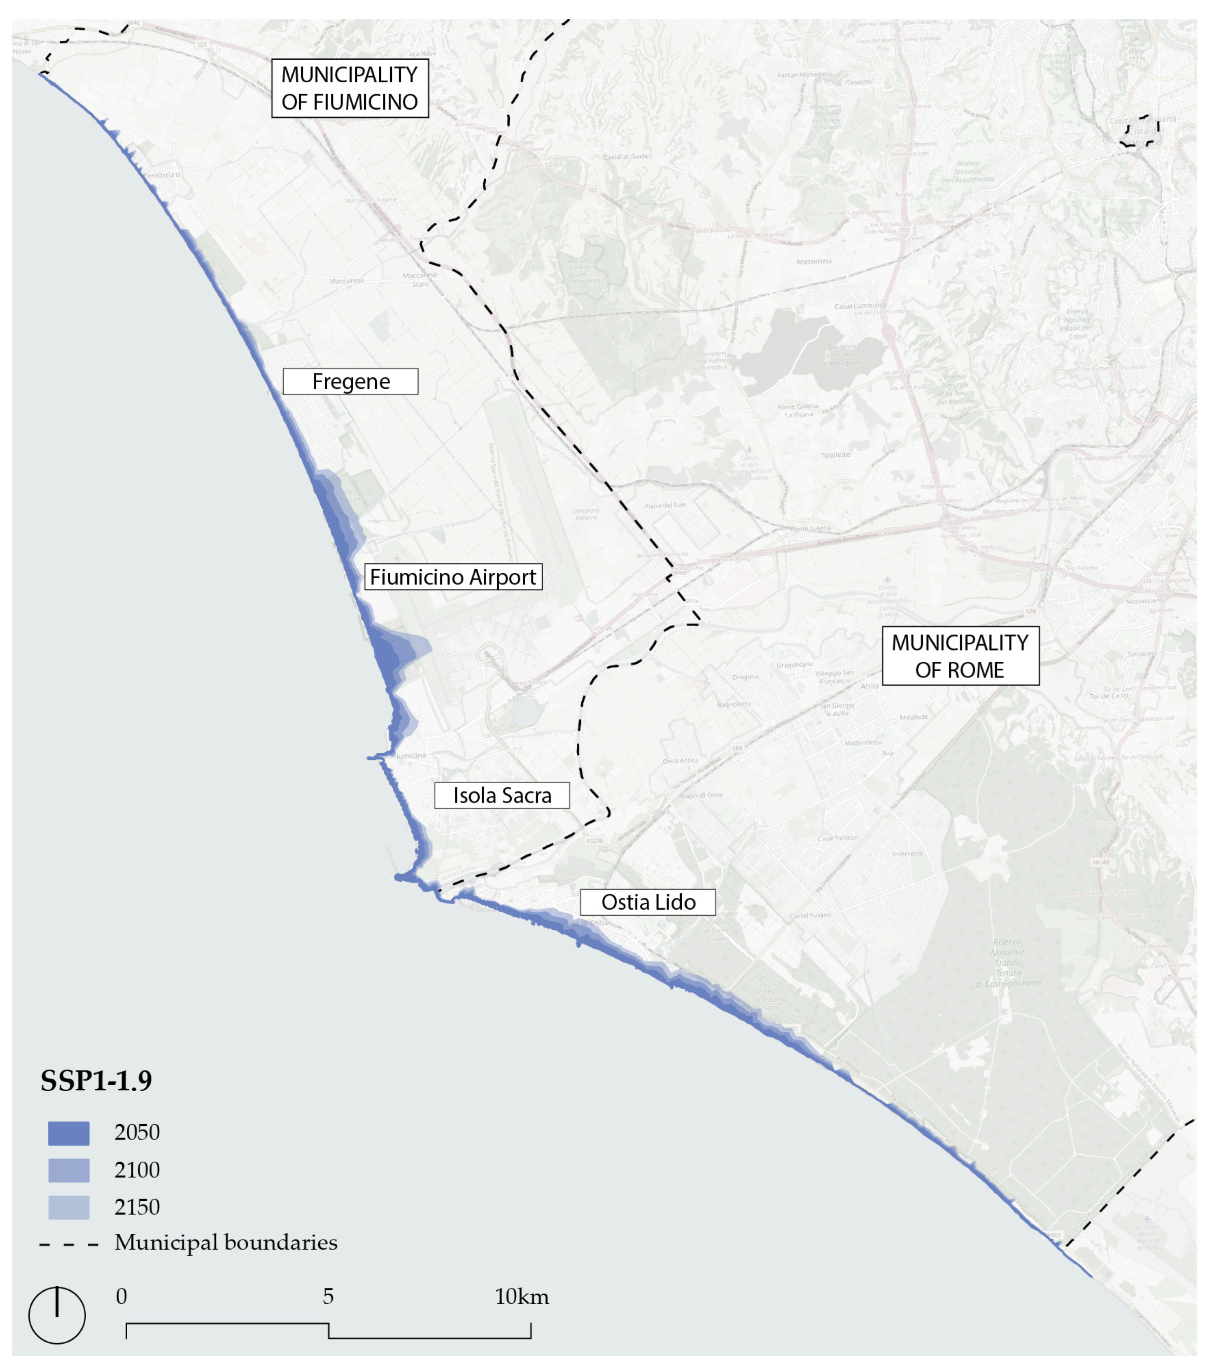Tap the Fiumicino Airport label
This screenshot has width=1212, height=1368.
point(453,577)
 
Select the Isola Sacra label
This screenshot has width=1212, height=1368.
point(502,795)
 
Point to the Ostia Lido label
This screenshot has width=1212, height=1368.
point(648,902)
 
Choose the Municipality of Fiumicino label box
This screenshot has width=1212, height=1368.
point(350,89)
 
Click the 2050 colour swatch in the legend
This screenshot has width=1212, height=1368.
point(68,1133)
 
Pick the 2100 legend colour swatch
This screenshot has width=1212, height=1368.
point(68,1171)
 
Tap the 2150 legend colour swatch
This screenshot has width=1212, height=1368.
point(68,1207)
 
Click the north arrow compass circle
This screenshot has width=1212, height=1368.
point(57,1315)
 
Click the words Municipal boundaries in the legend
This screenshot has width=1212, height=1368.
point(226,1243)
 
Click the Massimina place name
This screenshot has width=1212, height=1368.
point(814,261)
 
